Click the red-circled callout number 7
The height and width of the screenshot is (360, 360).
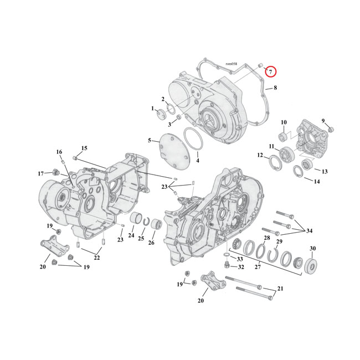coord(270,71)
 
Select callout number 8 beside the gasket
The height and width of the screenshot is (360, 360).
coord(275,88)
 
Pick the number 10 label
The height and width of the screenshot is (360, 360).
coord(284,122)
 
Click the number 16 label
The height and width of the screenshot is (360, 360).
coord(59,152)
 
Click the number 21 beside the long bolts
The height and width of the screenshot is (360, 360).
coord(280,289)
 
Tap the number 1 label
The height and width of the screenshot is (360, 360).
coord(152,109)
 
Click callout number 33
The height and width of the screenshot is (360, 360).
coord(239,259)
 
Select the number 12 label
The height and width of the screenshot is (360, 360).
coord(260,156)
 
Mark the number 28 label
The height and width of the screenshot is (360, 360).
coord(267,238)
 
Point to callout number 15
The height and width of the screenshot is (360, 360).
coord(84,148)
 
